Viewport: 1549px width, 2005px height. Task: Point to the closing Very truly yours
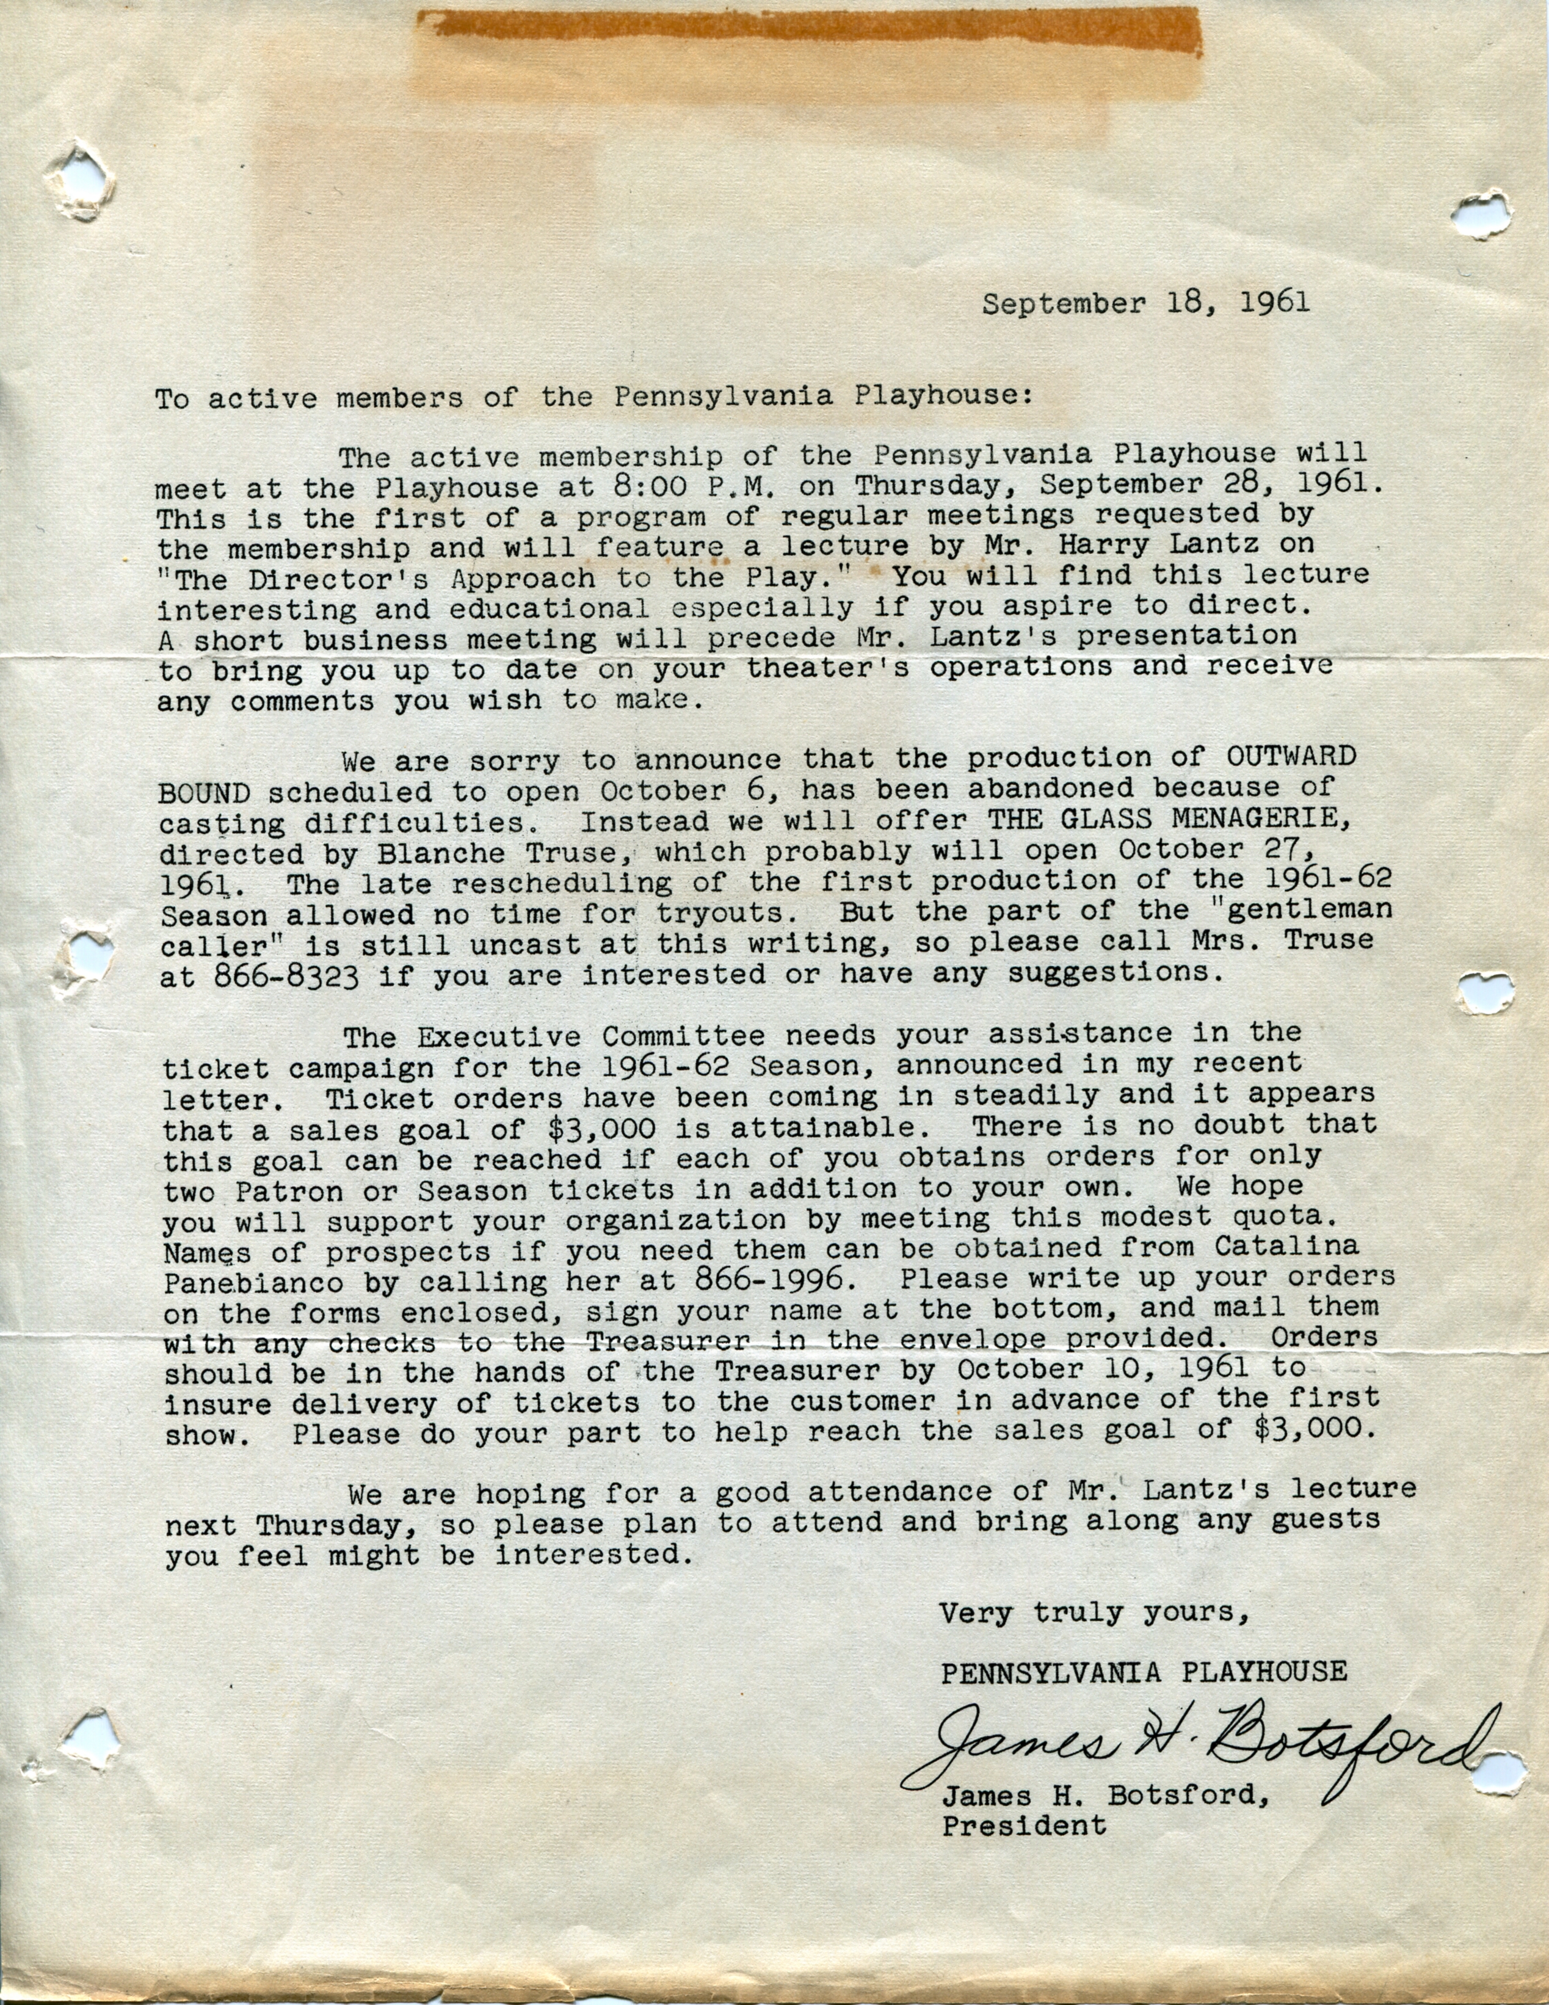point(1093,1614)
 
